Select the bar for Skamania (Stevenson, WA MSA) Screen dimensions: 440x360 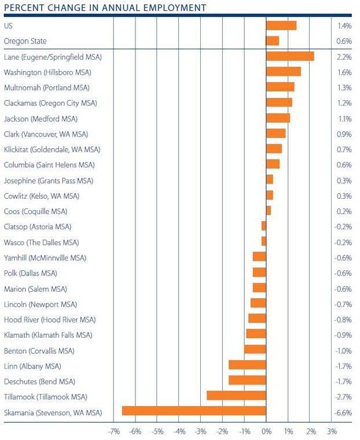tap(194, 411)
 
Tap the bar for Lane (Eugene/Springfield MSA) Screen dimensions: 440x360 tap(290, 56)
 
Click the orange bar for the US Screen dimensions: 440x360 tap(281, 25)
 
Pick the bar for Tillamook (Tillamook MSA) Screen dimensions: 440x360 tap(236, 395)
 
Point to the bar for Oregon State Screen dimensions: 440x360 tap(273, 41)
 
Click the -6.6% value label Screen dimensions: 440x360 tap(344, 413)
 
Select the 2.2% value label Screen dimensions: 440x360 tap(344, 57)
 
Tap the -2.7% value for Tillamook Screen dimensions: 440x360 tap(344, 397)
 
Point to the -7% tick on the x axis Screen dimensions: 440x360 tap(114, 431)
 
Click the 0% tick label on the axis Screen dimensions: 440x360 tap(266, 431)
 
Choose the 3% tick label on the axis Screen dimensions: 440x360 tap(332, 431)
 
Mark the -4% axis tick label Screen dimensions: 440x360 tap(179, 431)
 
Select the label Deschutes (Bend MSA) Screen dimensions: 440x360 tap(39, 382)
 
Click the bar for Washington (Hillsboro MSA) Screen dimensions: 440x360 tap(284, 72)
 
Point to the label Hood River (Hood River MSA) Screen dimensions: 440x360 tap(50, 320)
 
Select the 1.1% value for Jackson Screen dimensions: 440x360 tap(344, 119)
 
